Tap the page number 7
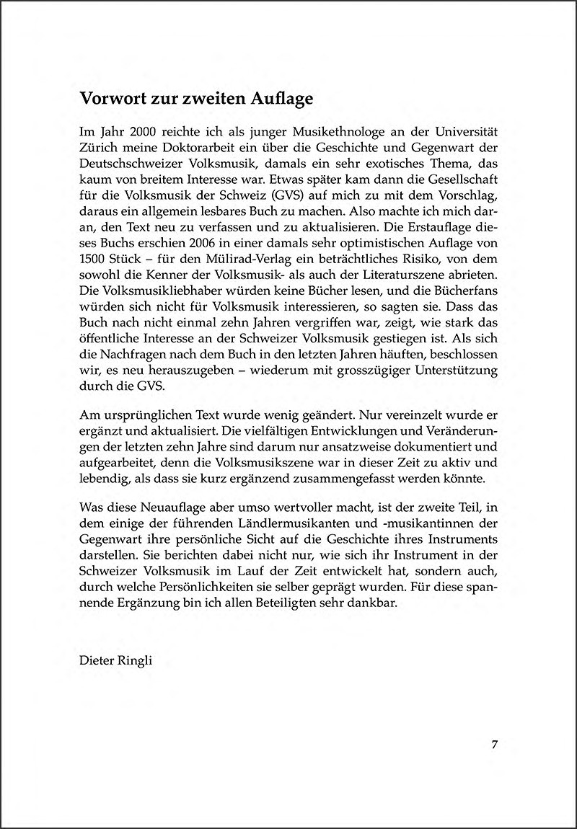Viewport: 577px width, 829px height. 495,745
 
